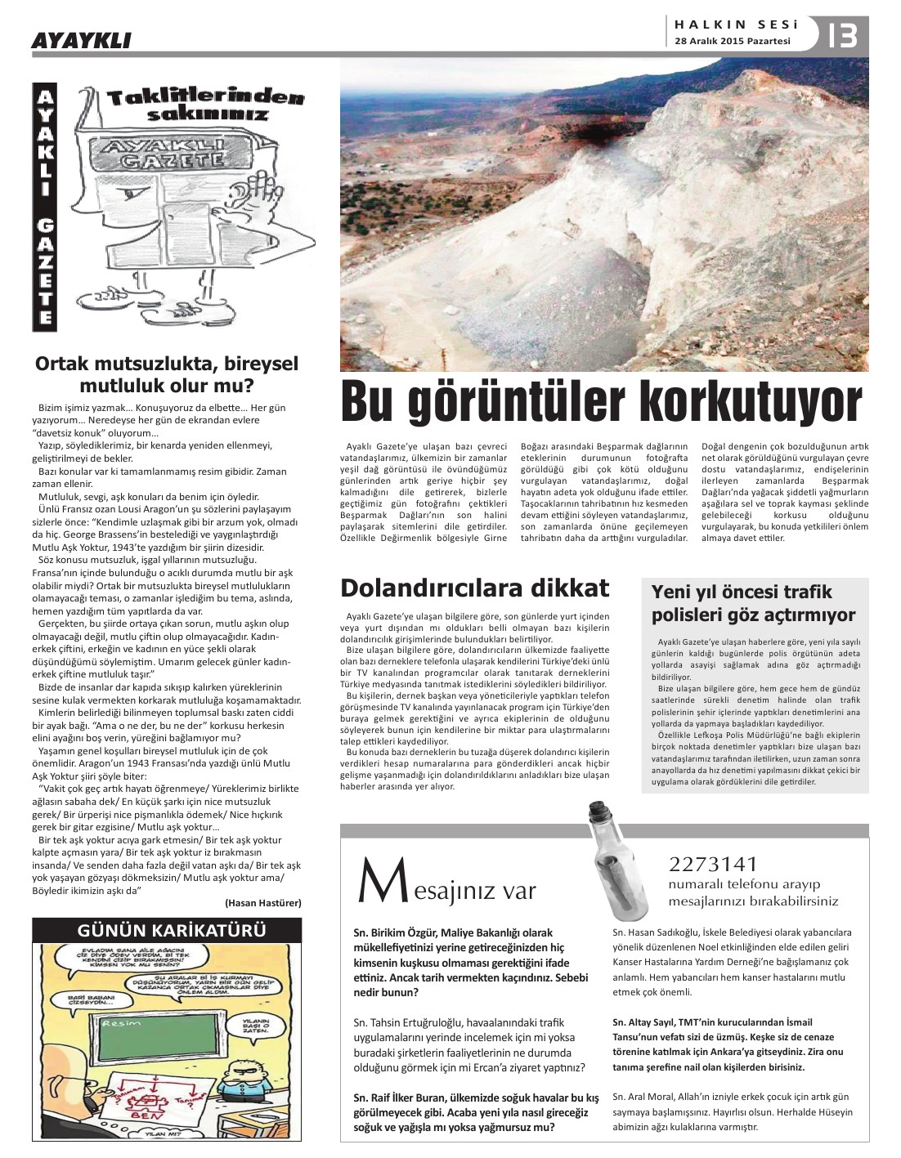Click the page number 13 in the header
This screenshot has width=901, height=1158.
[x=842, y=35]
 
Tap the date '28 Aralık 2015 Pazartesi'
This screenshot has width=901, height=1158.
[x=733, y=42]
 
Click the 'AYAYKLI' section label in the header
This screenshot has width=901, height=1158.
[x=80, y=40]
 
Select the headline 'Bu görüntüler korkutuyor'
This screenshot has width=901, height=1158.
[x=602, y=403]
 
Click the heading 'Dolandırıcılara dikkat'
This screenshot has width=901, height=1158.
[x=474, y=588]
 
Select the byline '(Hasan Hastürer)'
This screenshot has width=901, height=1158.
[x=262, y=902]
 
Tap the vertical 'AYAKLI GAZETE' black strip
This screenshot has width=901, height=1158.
[x=46, y=208]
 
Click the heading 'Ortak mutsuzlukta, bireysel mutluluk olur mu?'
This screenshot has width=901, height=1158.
[x=167, y=373]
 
